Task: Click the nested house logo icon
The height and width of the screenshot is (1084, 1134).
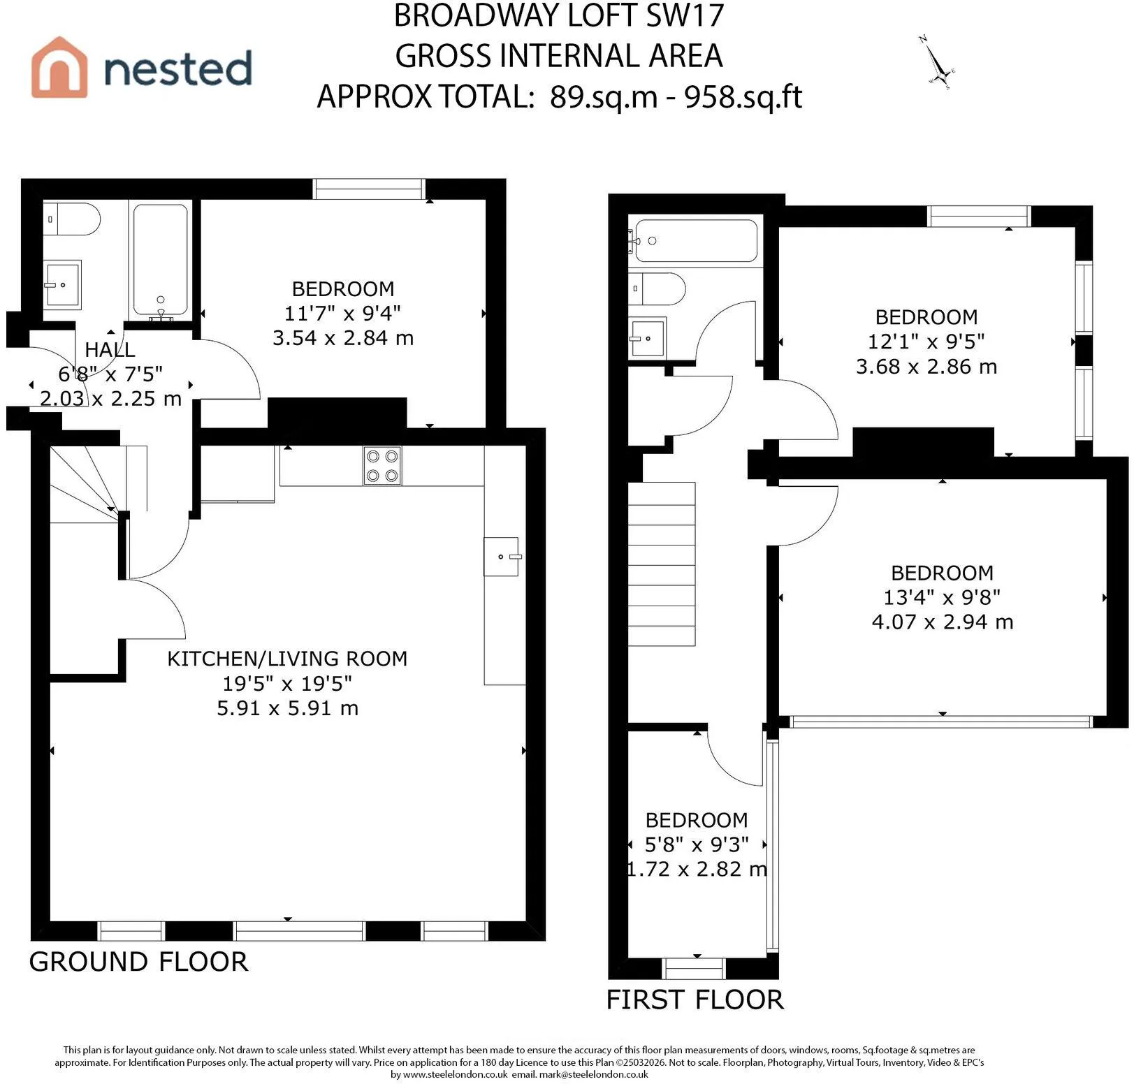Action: pos(59,67)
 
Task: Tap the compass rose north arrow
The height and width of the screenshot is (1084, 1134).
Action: pos(936,63)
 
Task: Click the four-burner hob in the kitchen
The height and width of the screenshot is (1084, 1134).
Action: pos(382,466)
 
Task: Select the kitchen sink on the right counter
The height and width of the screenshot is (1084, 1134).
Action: pos(502,557)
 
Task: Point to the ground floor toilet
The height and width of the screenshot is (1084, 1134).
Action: pos(71,219)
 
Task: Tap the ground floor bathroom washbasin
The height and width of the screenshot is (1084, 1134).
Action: pos(62,284)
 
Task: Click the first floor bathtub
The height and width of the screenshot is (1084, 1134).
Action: pos(696,241)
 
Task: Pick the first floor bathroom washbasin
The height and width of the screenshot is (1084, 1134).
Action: pos(647,338)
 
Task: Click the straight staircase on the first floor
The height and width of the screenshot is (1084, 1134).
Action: pos(662,564)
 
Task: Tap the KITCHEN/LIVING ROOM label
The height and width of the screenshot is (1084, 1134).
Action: pos(287,659)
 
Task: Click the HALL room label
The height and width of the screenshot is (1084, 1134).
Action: pos(110,349)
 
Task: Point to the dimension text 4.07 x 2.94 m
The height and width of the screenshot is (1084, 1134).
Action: pos(943,622)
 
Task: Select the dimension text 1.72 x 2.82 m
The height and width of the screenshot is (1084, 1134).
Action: pos(697,869)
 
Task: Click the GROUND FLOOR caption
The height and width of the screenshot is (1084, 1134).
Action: pos(138,962)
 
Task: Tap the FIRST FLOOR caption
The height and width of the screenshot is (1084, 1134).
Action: pos(695,999)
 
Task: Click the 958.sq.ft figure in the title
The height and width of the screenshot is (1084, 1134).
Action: pos(743,96)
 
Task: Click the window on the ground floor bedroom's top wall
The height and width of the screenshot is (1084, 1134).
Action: pos(369,189)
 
